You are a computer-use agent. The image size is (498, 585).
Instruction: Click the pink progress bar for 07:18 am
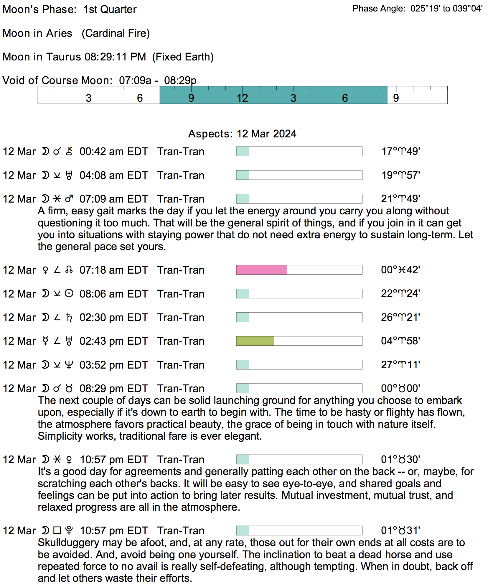pyautogui.click(x=261, y=270)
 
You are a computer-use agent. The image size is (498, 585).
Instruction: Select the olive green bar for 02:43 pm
pyautogui.click(x=255, y=341)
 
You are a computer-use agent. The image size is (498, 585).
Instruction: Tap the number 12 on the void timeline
pyautogui.click(x=242, y=98)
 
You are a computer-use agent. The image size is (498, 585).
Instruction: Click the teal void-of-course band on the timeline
pyautogui.click(x=273, y=95)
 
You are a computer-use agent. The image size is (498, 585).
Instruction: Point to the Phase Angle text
pyautogui.click(x=417, y=9)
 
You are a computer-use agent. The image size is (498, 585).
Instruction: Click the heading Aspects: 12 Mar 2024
pyautogui.click(x=242, y=134)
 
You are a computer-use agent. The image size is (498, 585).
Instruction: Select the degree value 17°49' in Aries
pyautogui.click(x=401, y=151)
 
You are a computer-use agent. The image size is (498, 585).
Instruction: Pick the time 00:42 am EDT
pyautogui.click(x=113, y=152)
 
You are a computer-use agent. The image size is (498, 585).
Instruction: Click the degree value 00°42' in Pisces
pyautogui.click(x=400, y=270)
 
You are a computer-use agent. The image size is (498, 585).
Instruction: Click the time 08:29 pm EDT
pyautogui.click(x=113, y=389)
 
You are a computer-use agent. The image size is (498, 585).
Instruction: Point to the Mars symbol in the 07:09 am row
pyautogui.click(x=69, y=199)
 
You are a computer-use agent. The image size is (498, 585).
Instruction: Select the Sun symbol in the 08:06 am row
pyautogui.click(x=69, y=294)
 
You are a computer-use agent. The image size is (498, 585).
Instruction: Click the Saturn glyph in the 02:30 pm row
pyautogui.click(x=69, y=318)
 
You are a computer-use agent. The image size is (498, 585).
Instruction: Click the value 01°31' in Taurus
pyautogui.click(x=400, y=531)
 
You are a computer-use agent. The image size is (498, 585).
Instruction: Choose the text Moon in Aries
pyautogui.click(x=37, y=33)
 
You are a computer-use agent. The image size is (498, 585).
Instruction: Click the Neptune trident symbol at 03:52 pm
pyautogui.click(x=69, y=365)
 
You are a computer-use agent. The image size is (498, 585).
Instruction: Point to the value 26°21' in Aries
pyautogui.click(x=400, y=318)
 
